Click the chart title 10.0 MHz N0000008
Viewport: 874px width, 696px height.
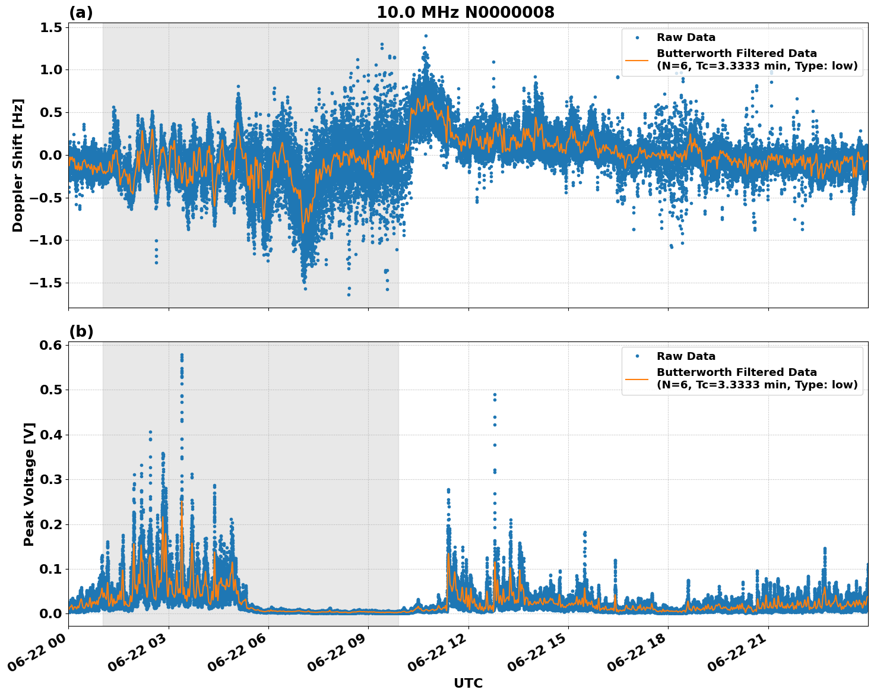coord(465,12)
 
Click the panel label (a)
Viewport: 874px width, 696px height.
coord(81,12)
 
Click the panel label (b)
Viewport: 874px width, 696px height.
coord(81,331)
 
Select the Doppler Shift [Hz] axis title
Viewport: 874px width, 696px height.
coord(18,165)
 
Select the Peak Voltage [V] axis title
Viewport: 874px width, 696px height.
coord(29,484)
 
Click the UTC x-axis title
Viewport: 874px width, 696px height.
coord(468,683)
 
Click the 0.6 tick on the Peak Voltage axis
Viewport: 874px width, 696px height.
coord(53,345)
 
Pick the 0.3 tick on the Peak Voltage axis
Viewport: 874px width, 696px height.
coord(53,479)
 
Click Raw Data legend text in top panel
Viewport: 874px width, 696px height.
coord(686,37)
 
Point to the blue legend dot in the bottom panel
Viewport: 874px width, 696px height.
coord(637,356)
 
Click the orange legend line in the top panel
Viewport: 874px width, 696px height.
coord(637,60)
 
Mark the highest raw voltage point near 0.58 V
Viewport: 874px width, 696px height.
coord(182,355)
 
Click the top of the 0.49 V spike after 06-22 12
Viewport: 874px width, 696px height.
coord(495,394)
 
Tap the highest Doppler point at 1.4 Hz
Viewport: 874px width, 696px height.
coord(426,36)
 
